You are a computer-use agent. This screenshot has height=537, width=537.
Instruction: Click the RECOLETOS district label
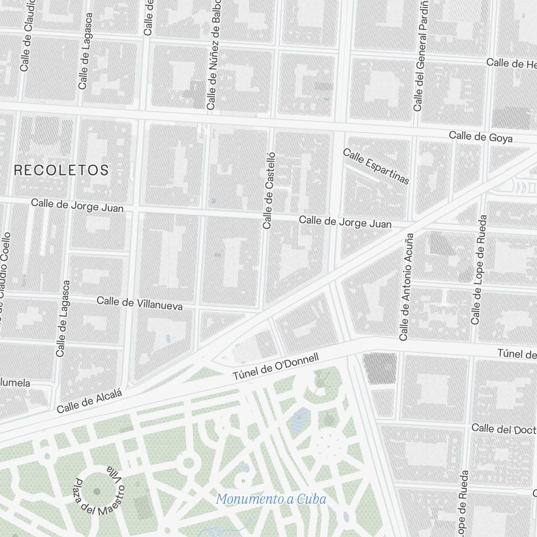61,170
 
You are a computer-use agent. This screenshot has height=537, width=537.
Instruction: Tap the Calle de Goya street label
481,136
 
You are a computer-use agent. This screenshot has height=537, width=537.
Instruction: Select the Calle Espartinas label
376,166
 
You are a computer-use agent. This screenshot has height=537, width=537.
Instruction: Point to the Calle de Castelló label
268,190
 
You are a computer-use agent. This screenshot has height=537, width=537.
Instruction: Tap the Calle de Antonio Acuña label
407,287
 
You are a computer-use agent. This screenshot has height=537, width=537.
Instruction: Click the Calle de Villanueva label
140,303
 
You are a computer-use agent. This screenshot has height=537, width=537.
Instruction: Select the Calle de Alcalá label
90,401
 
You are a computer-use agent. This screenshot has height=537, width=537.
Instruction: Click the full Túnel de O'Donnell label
275,367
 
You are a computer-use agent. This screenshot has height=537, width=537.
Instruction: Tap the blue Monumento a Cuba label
271,499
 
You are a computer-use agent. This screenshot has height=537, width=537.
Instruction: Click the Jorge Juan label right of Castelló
345,222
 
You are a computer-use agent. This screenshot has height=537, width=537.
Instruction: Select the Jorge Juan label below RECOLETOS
77,205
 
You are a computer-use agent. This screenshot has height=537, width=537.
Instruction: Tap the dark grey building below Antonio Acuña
380,368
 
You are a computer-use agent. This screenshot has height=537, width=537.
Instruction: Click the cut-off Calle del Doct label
504,429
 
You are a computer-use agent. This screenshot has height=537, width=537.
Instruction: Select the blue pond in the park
300,420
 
